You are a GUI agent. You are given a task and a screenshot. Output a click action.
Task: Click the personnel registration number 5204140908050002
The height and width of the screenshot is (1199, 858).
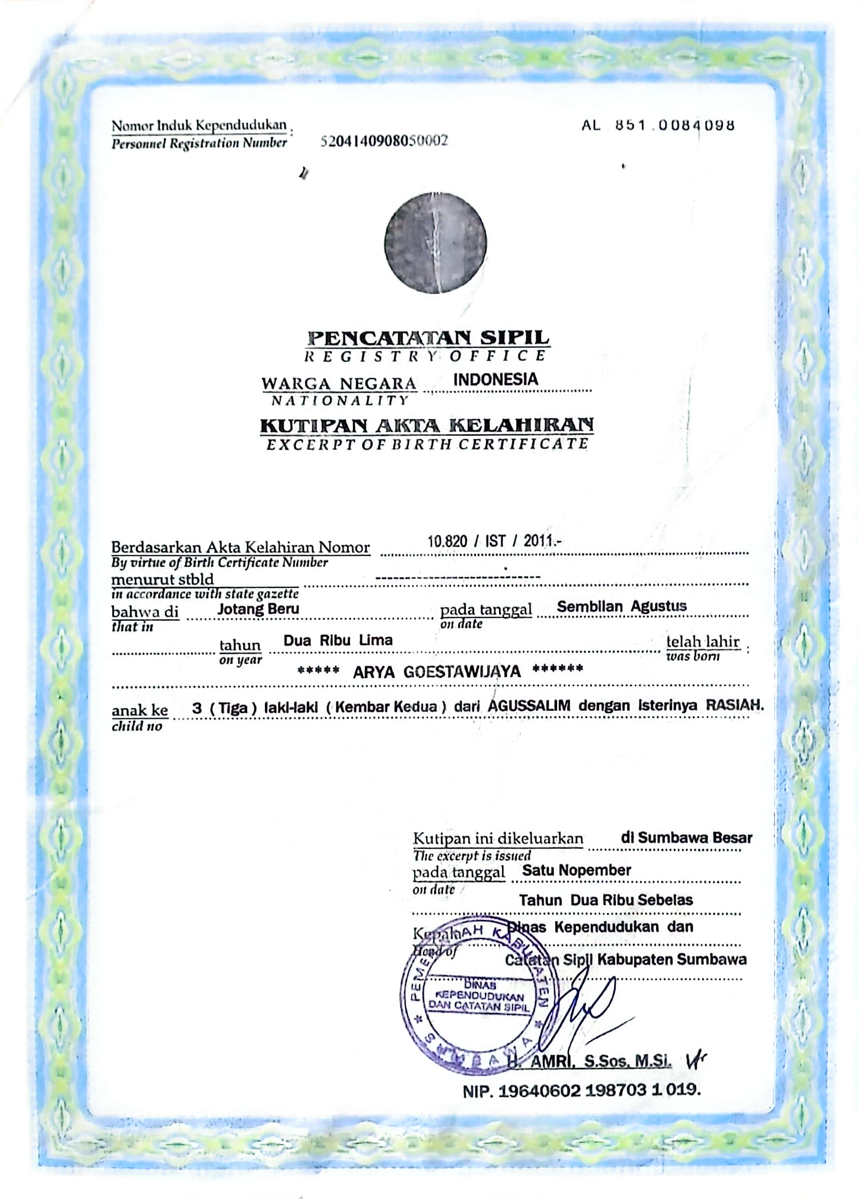coord(385,141)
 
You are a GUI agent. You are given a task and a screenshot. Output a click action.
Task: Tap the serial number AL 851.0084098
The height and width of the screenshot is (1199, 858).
coord(658,125)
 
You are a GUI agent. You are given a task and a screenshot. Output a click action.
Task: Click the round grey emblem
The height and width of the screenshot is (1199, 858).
coord(435,243)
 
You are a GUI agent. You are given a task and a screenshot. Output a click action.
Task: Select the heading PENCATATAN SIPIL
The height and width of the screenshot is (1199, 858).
coord(429,337)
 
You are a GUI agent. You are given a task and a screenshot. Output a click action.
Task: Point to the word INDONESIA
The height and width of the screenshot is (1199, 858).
coord(496,379)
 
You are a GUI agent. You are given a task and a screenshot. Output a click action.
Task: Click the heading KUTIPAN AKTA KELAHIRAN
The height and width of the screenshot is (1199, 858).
coord(427,425)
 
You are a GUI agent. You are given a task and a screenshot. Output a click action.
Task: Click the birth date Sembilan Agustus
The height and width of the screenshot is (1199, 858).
coord(621,606)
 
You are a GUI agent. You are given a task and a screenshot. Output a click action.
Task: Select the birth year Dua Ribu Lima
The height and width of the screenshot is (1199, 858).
coord(338,641)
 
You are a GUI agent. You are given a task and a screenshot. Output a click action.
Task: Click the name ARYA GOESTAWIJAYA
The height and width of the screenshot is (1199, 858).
coord(437,672)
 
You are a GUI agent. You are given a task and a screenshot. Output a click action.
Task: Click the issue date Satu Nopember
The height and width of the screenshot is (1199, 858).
coord(577,870)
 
